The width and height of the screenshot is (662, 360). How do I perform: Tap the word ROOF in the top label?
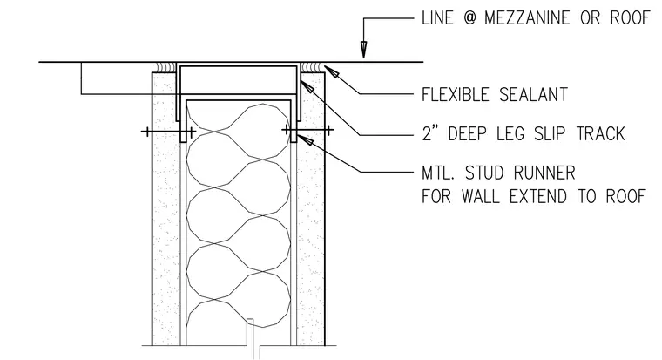tap(630, 18)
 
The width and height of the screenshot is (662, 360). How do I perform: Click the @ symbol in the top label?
tap(469, 18)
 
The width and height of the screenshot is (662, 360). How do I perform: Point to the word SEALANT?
tap(534, 95)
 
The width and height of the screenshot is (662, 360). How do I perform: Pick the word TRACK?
tap(601, 133)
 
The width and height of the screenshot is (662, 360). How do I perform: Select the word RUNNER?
tap(544, 173)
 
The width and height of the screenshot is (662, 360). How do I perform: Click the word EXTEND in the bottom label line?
tap(538, 196)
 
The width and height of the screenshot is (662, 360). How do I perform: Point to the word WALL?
tap(480, 196)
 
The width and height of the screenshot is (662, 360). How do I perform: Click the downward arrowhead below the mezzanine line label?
tap(363, 49)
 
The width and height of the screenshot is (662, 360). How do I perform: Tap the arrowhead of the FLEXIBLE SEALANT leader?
tap(331, 71)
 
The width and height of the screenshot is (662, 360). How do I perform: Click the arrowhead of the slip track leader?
tap(307, 86)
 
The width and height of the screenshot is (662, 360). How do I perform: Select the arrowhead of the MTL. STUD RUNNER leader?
tap(305, 140)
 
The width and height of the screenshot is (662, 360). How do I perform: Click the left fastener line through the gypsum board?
tap(168, 132)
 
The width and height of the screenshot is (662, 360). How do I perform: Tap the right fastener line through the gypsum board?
tap(307, 130)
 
